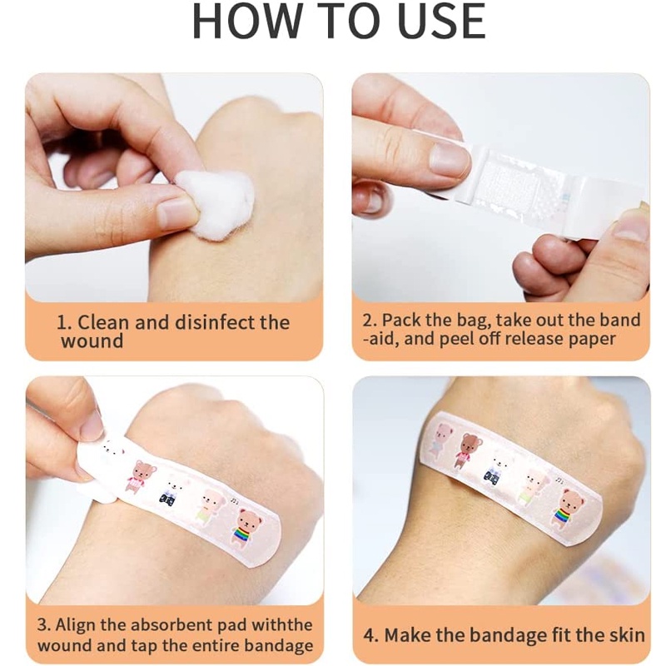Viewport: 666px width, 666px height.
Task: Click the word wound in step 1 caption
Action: coord(92,340)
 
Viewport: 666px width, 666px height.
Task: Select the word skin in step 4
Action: coord(627,635)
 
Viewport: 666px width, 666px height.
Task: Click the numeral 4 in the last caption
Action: coord(370,635)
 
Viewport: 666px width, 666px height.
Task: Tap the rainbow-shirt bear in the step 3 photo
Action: coord(246,528)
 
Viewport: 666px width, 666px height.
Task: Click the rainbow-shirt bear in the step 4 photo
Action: coord(569,509)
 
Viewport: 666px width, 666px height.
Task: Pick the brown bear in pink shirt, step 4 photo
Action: coord(470,450)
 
